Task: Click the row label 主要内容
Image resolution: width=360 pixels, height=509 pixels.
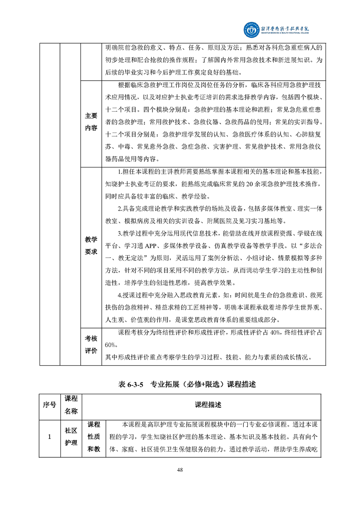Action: click(91, 122)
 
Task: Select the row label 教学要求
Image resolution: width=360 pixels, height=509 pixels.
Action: click(91, 245)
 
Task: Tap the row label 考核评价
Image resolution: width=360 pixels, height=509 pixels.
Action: click(91, 345)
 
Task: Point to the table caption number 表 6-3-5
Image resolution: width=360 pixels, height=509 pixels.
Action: click(131, 384)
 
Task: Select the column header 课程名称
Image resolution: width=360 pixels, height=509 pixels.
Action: click(72, 405)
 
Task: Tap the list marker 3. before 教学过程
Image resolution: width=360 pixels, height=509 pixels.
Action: click(119, 233)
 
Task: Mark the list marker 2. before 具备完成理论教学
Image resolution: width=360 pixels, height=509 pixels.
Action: click(119, 209)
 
